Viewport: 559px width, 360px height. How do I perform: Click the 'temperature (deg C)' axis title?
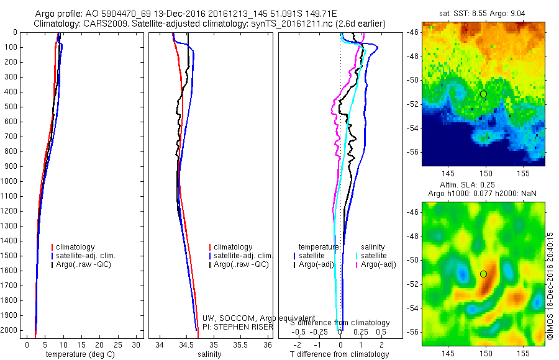[x=78, y=354]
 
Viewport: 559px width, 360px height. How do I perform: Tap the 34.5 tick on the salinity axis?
[x=186, y=344]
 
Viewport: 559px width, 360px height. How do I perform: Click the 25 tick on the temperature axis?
[x=117, y=344]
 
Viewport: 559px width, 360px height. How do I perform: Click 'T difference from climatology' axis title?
[x=339, y=354]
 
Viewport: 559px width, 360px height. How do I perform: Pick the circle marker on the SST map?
[x=483, y=94]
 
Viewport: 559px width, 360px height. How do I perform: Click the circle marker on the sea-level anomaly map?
[x=483, y=274]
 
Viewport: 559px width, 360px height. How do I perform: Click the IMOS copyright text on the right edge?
[x=550, y=287]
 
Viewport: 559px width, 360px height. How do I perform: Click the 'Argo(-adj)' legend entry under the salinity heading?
[x=378, y=264]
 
